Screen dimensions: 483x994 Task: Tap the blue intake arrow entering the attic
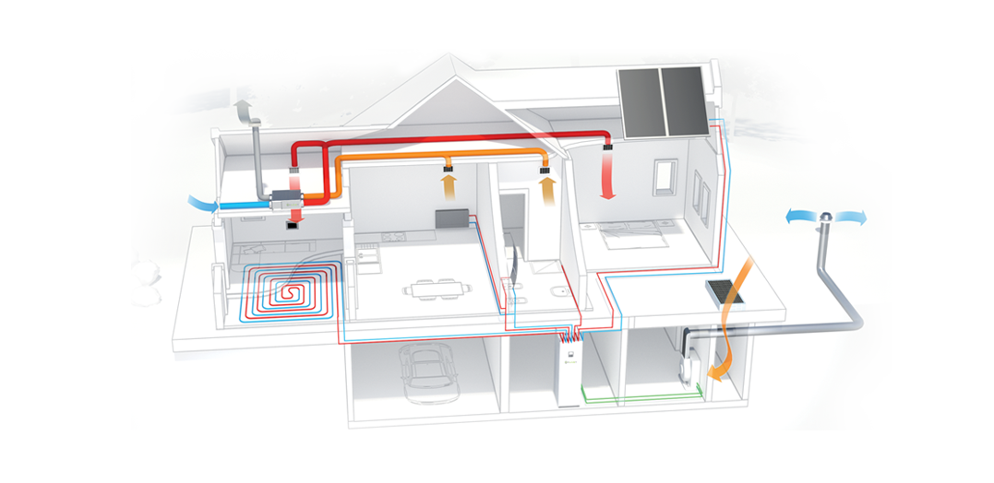tap(201, 202)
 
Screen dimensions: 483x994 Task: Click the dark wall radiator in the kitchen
tap(451, 220)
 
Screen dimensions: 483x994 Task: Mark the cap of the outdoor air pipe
tap(826, 217)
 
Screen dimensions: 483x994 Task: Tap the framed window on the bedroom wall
tap(665, 177)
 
